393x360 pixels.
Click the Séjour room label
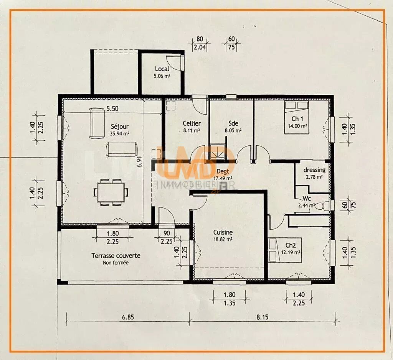pos(120,126)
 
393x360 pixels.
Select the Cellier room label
pos(191,123)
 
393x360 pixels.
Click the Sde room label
pos(233,123)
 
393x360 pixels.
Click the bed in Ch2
pos(279,250)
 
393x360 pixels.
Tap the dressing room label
pos(314,170)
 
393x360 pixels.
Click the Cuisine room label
pos(223,232)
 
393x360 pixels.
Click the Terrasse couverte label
pos(116,256)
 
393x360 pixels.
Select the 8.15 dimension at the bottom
pos(263,317)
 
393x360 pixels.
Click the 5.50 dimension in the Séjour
pos(112,108)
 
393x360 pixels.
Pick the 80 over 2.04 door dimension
pos(200,43)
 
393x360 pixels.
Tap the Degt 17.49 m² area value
pos(223,178)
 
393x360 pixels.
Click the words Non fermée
pos(116,263)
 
